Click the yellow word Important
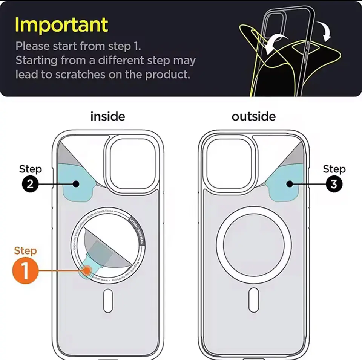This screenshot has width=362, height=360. pyautogui.click(x=61, y=25)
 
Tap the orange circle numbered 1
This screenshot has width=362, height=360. pyautogui.click(x=25, y=270)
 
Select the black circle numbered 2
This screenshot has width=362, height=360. pyautogui.click(x=30, y=184)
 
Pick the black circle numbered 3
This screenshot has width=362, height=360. pyautogui.click(x=334, y=184)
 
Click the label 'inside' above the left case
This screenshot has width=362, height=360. pyautogui.click(x=107, y=117)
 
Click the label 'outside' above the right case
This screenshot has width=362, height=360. pyautogui.click(x=253, y=117)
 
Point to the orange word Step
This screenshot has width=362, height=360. pyautogui.click(x=25, y=251)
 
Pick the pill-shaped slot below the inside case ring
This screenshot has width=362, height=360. pyautogui.click(x=108, y=300)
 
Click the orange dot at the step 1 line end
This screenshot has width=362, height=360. pyautogui.click(x=87, y=270)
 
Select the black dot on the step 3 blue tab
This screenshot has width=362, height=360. pyautogui.click(x=290, y=184)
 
